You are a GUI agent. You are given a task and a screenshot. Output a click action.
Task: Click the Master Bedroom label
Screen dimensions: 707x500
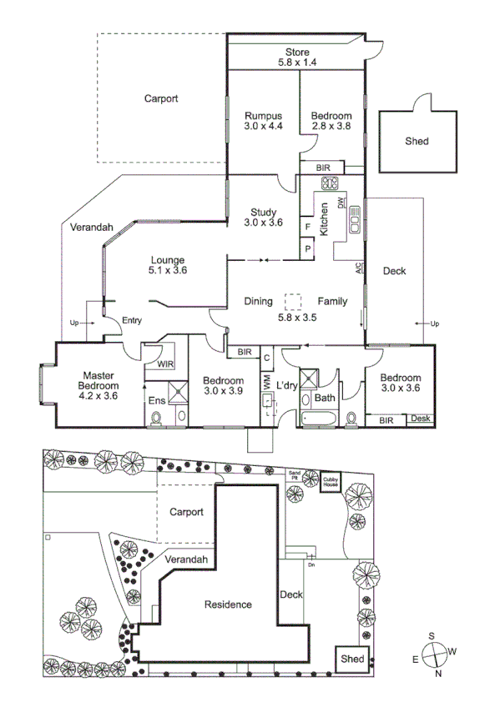click(x=98, y=386)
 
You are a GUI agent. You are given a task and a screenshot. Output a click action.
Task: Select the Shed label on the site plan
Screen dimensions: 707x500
click(x=352, y=659)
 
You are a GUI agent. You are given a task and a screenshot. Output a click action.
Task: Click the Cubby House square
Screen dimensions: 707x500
click(x=332, y=482)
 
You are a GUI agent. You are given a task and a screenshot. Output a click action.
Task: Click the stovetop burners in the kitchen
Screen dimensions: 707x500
click(x=329, y=183)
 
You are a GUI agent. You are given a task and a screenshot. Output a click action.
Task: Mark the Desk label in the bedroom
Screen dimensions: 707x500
click(x=420, y=418)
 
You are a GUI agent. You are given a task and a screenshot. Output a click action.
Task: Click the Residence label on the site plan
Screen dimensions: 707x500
click(x=228, y=604)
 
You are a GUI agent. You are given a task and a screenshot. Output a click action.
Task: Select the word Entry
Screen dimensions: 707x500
click(x=132, y=320)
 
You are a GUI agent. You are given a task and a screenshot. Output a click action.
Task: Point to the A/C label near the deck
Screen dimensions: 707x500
click(x=359, y=268)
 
